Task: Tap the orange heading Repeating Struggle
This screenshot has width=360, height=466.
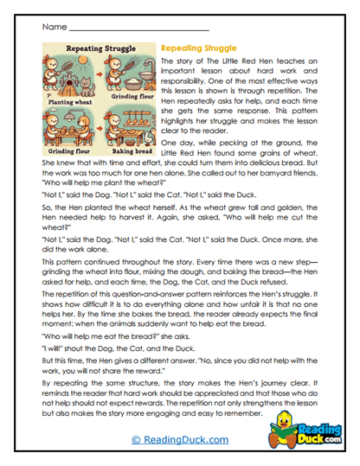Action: click(197, 50)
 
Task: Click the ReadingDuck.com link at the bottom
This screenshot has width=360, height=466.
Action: click(181, 440)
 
